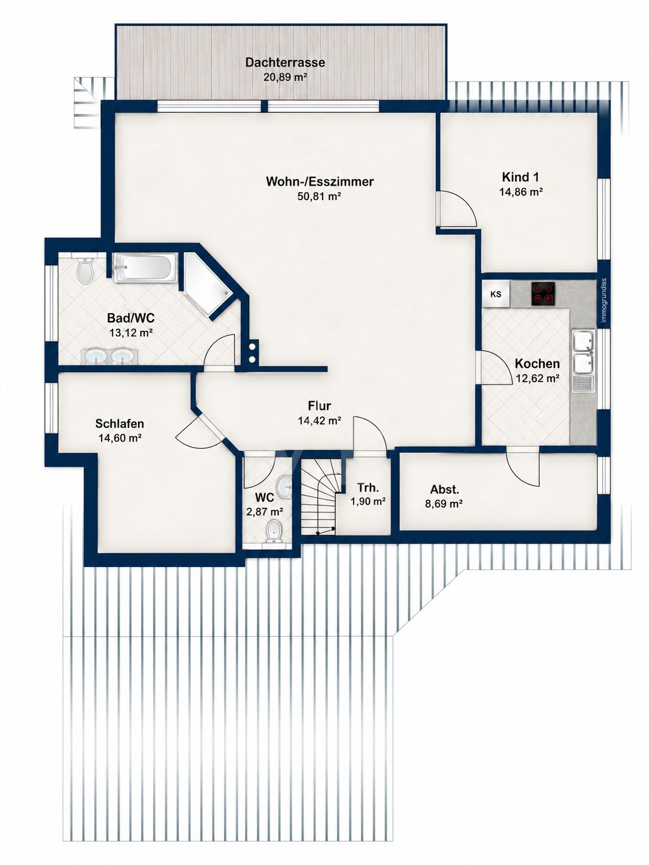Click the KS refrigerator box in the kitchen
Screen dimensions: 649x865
pyautogui.click(x=496, y=294)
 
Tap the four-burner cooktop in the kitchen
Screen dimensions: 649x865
pyautogui.click(x=543, y=293)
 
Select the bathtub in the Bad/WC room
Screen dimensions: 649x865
pyautogui.click(x=145, y=268)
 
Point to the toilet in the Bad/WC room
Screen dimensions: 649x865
pyautogui.click(x=85, y=269)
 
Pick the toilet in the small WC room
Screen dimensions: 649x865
pyautogui.click(x=274, y=532)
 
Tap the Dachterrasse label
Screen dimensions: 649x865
pyautogui.click(x=285, y=63)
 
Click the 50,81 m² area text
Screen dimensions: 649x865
pyautogui.click(x=319, y=197)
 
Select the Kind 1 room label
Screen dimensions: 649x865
pyautogui.click(x=520, y=177)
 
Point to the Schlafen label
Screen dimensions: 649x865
pyautogui.click(x=120, y=424)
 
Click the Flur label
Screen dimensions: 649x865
pyautogui.click(x=319, y=406)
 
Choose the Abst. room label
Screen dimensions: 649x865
pyautogui.click(x=445, y=489)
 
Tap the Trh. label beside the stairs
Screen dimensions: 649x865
pyautogui.click(x=368, y=488)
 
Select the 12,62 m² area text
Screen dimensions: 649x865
pyautogui.click(x=538, y=379)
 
